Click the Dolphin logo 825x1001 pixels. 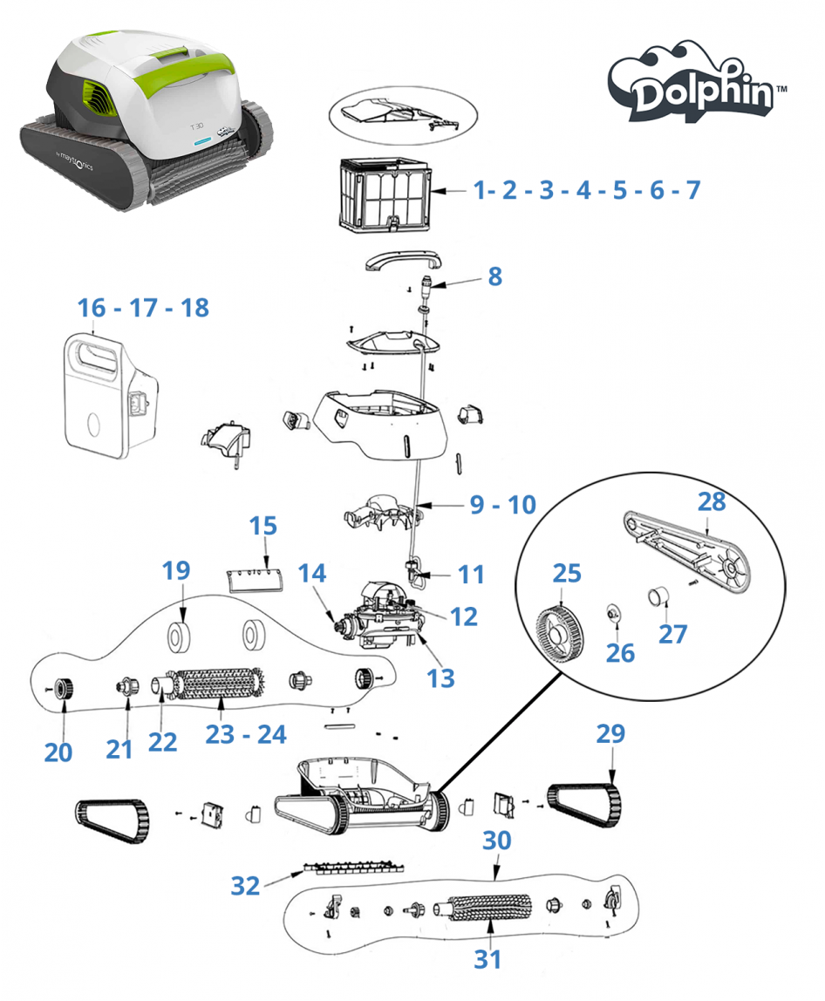(696, 82)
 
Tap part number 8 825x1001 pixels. (494, 276)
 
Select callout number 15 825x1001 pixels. (263, 526)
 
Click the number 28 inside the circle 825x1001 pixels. (712, 501)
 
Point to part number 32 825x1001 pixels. (245, 886)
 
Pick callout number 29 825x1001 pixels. (610, 733)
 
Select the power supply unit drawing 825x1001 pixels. (111, 397)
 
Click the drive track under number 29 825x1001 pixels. (584, 806)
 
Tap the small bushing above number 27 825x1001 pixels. (659, 596)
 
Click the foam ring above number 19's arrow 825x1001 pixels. (179, 637)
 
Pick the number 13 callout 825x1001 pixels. (440, 678)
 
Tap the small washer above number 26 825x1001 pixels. (614, 613)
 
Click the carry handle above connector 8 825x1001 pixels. (404, 260)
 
